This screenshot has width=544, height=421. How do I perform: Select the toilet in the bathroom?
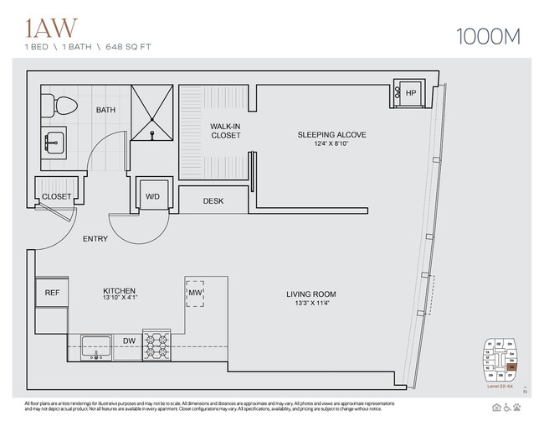pos(63,102)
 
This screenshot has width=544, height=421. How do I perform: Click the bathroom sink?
pos(56,143)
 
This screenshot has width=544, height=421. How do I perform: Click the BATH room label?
pos(105,110)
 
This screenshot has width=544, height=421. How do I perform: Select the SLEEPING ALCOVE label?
pos(332,134)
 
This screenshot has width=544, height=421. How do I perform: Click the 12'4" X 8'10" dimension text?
pos(332,144)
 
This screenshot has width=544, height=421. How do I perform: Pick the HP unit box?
pos(410,94)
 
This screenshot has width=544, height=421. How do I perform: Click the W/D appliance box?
pos(152,197)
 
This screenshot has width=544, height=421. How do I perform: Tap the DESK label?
pos(213,201)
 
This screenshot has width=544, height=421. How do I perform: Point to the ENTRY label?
pos(95,239)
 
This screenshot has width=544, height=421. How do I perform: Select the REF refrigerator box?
pos(51,294)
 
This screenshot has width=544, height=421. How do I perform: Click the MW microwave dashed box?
pos(196,294)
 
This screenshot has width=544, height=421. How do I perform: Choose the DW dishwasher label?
pos(129,341)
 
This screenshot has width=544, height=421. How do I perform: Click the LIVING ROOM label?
pos(310,294)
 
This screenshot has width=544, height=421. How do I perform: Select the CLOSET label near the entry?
pos(56,196)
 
